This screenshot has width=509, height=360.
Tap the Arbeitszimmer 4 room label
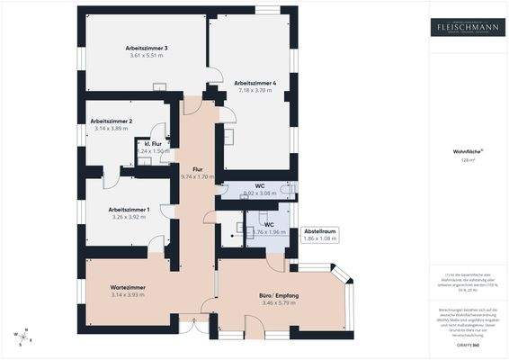coord(255,83)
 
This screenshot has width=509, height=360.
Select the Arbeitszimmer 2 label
coord(112,121)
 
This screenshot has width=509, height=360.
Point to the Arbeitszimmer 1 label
coord(117,209)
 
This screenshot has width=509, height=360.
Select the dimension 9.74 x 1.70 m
coord(199,177)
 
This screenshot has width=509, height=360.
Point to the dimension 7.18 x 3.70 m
coord(255,91)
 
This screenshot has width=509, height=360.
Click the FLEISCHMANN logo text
coord(468,26)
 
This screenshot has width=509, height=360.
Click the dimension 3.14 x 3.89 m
coord(112,129)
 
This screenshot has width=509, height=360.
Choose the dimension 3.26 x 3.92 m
coord(117,217)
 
